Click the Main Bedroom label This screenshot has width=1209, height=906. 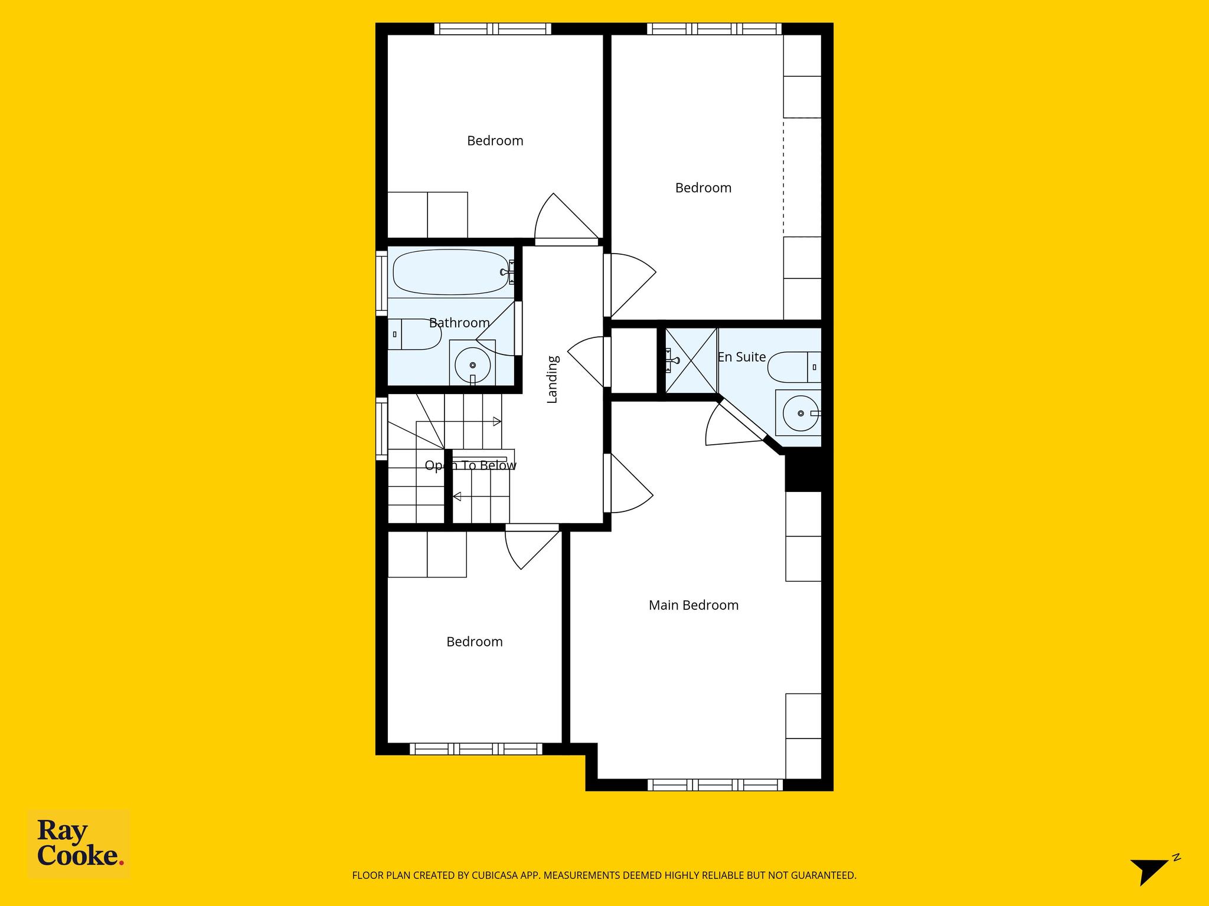(694, 605)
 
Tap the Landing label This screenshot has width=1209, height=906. (552, 379)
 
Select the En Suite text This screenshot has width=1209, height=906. (741, 357)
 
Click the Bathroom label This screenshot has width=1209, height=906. (459, 323)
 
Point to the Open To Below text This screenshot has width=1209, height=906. (470, 465)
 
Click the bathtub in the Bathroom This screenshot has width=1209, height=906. (451, 272)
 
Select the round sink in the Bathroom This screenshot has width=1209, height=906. (472, 365)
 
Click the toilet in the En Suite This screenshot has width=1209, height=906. (795, 367)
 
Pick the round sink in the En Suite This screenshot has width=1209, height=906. (800, 413)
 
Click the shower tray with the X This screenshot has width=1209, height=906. (691, 360)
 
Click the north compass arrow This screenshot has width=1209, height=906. (1150, 871)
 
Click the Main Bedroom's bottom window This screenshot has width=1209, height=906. (715, 785)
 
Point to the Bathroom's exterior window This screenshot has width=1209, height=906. (382, 284)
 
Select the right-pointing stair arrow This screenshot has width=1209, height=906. (497, 421)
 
